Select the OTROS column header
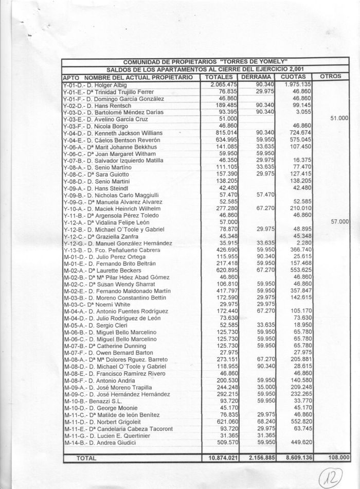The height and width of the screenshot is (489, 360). tap(331, 76)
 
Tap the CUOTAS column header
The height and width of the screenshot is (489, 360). tap(295, 77)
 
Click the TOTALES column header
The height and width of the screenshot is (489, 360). tap(220, 77)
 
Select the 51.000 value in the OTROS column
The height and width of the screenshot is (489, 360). tap(340, 118)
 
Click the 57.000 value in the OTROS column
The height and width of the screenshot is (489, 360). tap(340, 221)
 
